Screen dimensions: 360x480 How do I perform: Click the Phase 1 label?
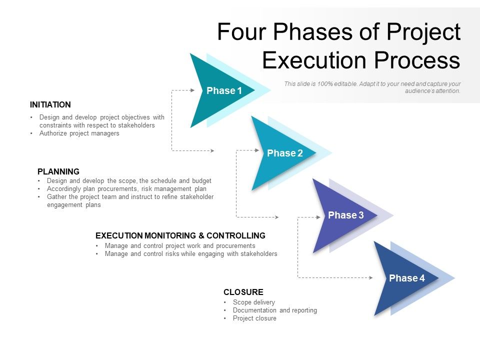point(224,90)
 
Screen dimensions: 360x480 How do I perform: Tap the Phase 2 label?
point(285,153)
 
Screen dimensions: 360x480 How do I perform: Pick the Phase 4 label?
point(407,278)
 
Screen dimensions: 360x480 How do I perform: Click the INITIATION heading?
point(50,104)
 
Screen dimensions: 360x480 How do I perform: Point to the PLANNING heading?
point(58,171)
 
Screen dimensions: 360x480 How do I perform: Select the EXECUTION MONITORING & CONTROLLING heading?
point(180,235)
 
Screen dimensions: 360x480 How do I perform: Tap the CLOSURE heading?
point(243,292)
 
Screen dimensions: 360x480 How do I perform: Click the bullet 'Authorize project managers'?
point(79,133)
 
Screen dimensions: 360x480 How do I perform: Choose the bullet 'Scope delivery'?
point(254,302)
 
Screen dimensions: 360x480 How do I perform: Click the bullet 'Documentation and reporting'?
point(275,310)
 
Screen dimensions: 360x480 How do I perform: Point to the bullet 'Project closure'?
point(254,318)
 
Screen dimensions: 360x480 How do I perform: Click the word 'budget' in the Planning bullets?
point(201,180)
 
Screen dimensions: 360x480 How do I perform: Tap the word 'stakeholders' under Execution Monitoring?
point(256,253)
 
